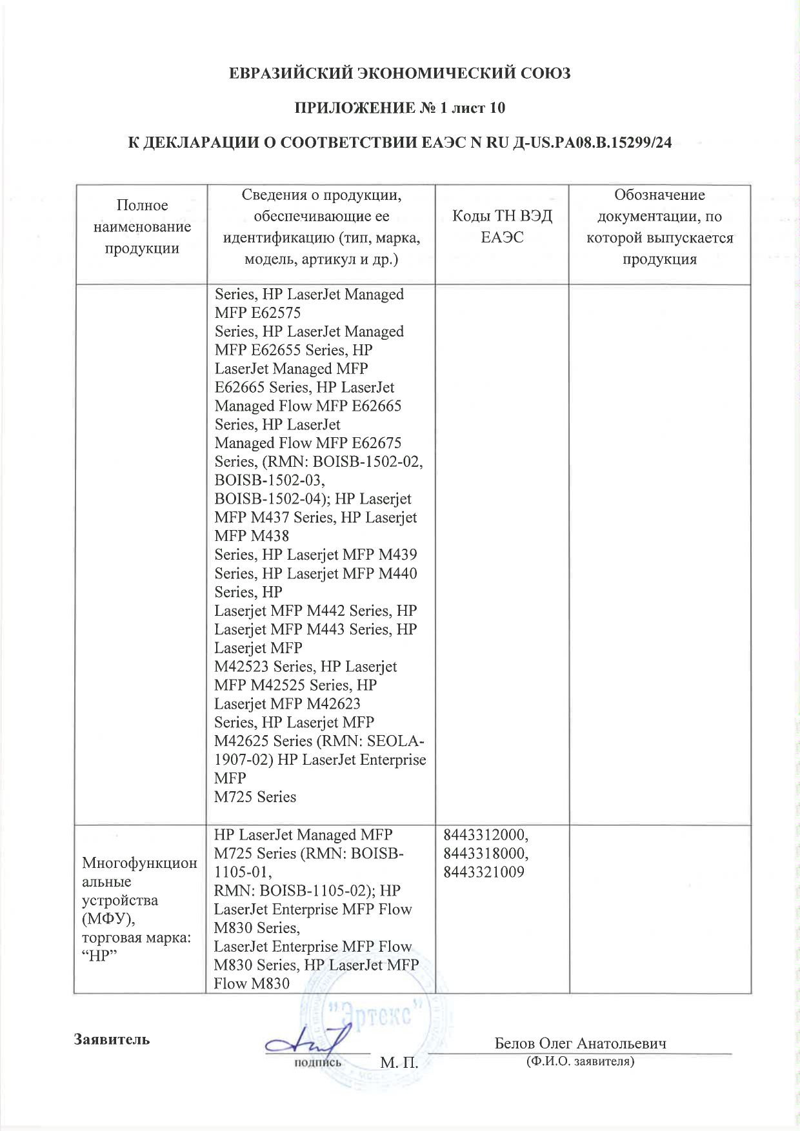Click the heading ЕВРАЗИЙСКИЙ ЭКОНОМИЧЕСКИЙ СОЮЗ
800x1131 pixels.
[400, 74]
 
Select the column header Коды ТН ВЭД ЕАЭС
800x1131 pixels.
[502, 226]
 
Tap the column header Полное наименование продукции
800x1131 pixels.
[142, 226]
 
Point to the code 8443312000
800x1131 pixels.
[485, 835]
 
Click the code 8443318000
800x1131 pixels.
[485, 854]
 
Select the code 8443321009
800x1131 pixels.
[483, 872]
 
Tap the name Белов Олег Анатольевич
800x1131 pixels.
[580, 1043]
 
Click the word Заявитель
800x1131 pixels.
[112, 1039]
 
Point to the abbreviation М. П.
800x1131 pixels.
[399, 1062]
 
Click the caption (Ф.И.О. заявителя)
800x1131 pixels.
[580, 1061]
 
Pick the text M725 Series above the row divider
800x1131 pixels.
[255, 797]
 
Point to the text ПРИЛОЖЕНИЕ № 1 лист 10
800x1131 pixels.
[400, 108]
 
